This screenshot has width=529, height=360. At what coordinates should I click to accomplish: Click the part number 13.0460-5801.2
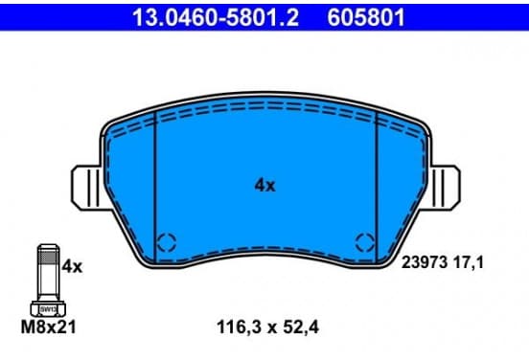click(x=216, y=17)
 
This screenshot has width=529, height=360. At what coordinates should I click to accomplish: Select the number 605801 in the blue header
click(x=366, y=17)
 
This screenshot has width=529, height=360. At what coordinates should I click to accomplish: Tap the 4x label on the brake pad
click(x=264, y=186)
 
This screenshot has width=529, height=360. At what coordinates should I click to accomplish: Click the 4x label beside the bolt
click(x=72, y=266)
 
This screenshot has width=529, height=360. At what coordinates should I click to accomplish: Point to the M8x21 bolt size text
click(x=49, y=326)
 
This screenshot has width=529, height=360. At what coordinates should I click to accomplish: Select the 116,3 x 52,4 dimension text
click(x=267, y=327)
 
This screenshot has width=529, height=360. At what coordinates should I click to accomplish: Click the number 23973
click(x=425, y=262)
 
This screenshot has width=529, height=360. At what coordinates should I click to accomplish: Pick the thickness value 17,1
click(x=469, y=262)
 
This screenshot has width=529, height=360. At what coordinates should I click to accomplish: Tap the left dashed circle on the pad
click(x=167, y=242)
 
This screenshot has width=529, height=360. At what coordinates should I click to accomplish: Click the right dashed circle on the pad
click(x=365, y=242)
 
